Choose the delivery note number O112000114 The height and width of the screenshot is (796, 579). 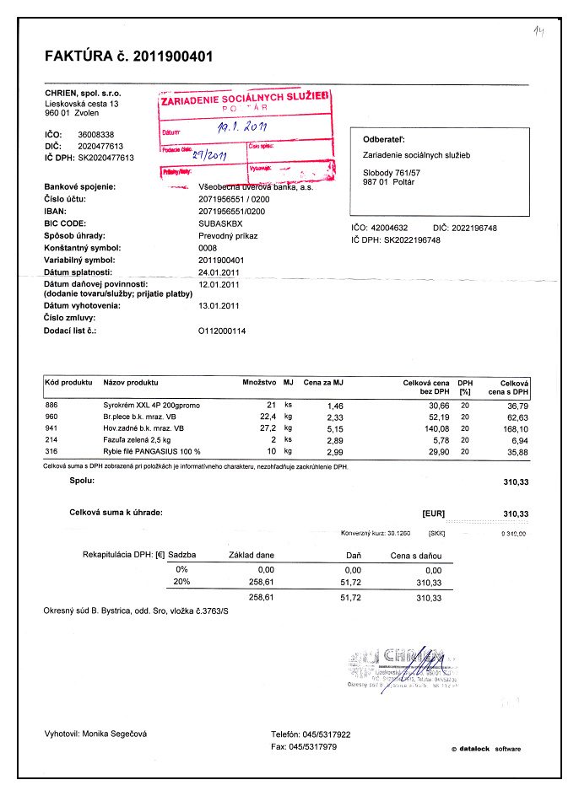pos(222,331)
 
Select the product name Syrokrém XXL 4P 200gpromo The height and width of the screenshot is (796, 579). pos(151,406)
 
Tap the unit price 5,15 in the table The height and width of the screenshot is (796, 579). pos(333,428)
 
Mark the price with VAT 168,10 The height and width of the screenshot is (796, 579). pos(515,428)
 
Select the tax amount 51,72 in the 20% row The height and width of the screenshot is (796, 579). pos(349,582)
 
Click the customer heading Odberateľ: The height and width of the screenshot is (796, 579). pos(385,139)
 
